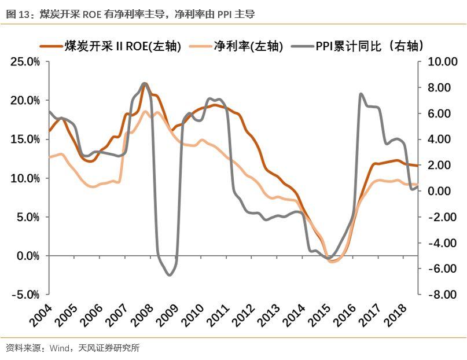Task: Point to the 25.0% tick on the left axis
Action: point(25,61)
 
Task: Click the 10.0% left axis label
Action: point(25,178)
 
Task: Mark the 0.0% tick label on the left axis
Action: point(28,256)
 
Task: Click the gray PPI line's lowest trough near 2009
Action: point(170,275)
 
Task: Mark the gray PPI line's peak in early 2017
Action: point(361,94)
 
